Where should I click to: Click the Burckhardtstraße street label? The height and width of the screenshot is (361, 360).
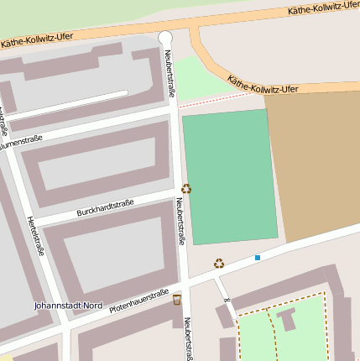click(x=105, y=206)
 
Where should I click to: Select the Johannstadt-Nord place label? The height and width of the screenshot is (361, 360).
click(x=68, y=306)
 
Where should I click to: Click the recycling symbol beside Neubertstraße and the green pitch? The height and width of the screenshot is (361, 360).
click(x=186, y=189)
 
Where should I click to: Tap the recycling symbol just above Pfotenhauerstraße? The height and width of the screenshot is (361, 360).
click(x=219, y=263)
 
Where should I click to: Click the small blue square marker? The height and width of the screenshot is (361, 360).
click(x=258, y=257)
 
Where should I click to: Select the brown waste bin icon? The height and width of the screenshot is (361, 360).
click(x=177, y=299)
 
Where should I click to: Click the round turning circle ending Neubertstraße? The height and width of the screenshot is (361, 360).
click(x=165, y=37)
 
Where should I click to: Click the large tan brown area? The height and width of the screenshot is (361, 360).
click(x=315, y=160)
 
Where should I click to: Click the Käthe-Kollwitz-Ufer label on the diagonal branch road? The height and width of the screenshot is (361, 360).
click(x=263, y=85)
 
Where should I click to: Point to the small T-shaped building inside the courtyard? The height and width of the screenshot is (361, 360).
click(x=286, y=318)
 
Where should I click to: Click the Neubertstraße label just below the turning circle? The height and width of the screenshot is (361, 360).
click(x=170, y=71)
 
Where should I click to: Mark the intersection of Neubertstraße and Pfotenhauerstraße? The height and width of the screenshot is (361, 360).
click(x=185, y=282)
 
